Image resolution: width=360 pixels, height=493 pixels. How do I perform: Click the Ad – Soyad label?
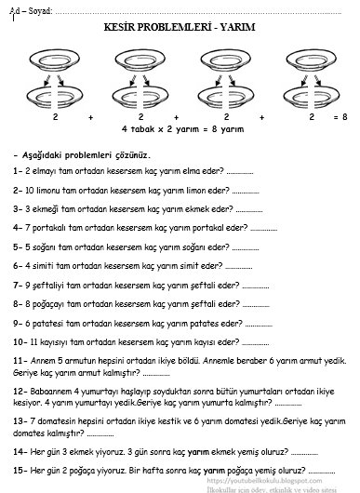coord(31,11)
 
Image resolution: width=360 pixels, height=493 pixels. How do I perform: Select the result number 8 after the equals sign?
coord(344,117)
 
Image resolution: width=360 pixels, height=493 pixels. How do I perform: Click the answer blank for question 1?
coord(240,173)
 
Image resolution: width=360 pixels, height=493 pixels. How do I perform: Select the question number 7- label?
coord(18,286)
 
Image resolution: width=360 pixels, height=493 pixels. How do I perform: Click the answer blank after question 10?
coord(255,344)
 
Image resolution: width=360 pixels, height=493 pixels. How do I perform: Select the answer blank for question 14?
coord(304,454)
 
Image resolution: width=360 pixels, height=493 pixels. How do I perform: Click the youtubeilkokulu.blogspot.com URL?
coord(264,481)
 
